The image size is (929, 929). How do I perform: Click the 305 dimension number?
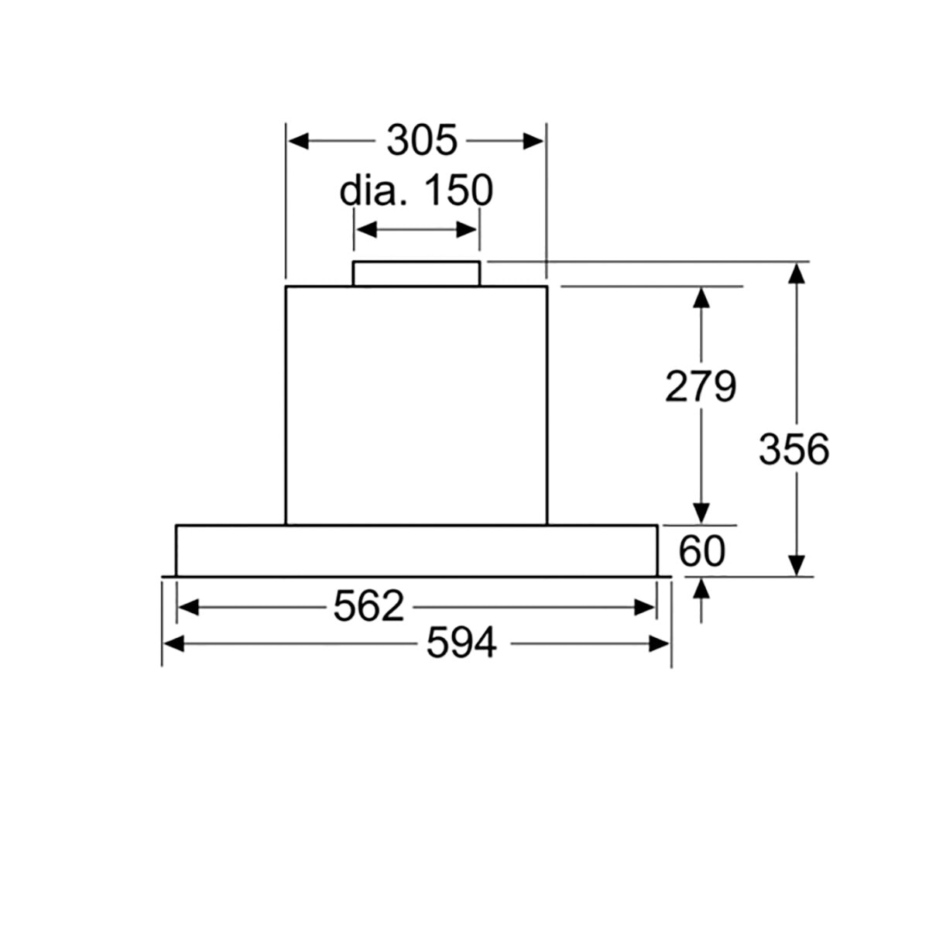point(421,141)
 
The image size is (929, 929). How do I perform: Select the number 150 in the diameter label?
point(459,191)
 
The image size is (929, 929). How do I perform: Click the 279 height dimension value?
point(700,386)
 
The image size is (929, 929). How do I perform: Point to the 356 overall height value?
point(794,449)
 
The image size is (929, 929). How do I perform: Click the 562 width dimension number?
point(369,606)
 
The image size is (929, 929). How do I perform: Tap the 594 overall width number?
point(461,643)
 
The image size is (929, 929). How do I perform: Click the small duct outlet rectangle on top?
point(416,274)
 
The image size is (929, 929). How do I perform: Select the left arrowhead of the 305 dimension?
point(298,141)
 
